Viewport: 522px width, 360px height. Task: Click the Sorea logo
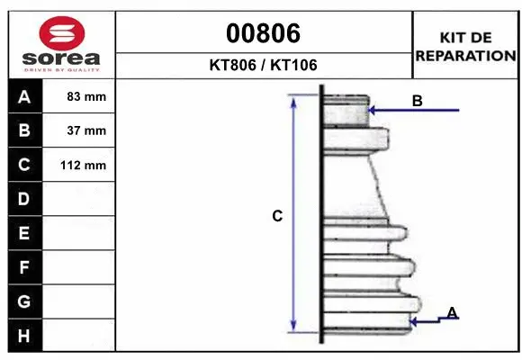pyautogui.click(x=61, y=43)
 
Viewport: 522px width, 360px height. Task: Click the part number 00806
pyautogui.click(x=263, y=33)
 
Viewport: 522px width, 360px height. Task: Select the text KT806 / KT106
pyautogui.click(x=263, y=65)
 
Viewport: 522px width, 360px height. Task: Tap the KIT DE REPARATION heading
pyautogui.click(x=465, y=45)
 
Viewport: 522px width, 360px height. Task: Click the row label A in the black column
pyautogui.click(x=23, y=96)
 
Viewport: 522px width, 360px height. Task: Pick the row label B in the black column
pyautogui.click(x=23, y=130)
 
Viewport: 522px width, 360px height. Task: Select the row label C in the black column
pyautogui.click(x=23, y=165)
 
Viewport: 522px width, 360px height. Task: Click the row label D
pyautogui.click(x=23, y=199)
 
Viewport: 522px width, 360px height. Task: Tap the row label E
pyautogui.click(x=23, y=233)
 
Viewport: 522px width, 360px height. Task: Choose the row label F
pyautogui.click(x=23, y=267)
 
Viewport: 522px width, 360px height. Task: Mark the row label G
pyautogui.click(x=23, y=301)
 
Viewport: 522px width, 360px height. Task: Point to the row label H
pyautogui.click(x=23, y=336)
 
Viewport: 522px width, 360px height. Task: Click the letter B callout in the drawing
pyautogui.click(x=417, y=101)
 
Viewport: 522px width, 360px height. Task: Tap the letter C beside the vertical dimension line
pyautogui.click(x=277, y=216)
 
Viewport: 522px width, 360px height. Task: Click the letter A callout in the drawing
pyautogui.click(x=452, y=312)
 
